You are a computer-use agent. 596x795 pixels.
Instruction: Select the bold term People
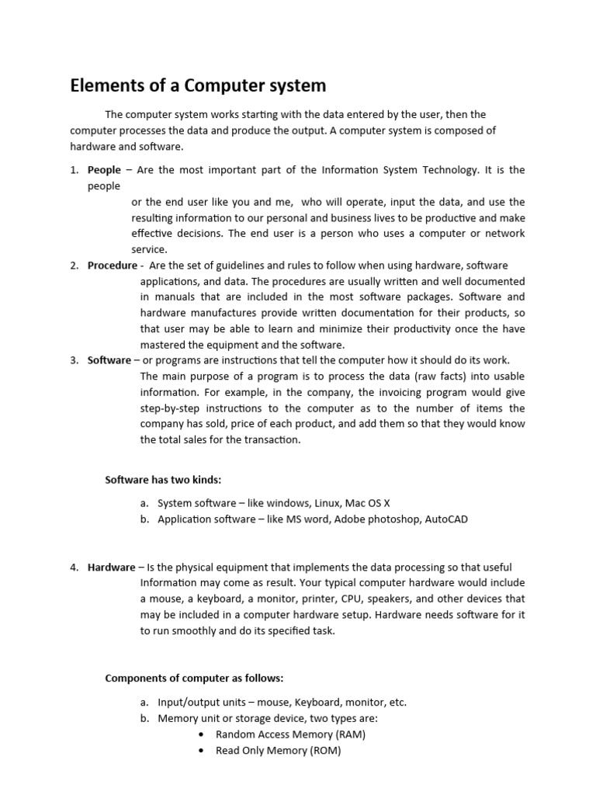[104, 170]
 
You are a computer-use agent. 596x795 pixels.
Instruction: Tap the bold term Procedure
[112, 266]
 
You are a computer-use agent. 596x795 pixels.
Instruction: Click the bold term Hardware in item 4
[111, 568]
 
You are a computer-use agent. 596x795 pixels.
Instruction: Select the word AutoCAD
[446, 519]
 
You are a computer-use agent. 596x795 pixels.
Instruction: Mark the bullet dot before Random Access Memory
[202, 734]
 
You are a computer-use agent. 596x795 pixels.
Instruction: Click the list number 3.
[74, 360]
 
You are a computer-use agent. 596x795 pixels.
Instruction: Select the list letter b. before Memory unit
[145, 719]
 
